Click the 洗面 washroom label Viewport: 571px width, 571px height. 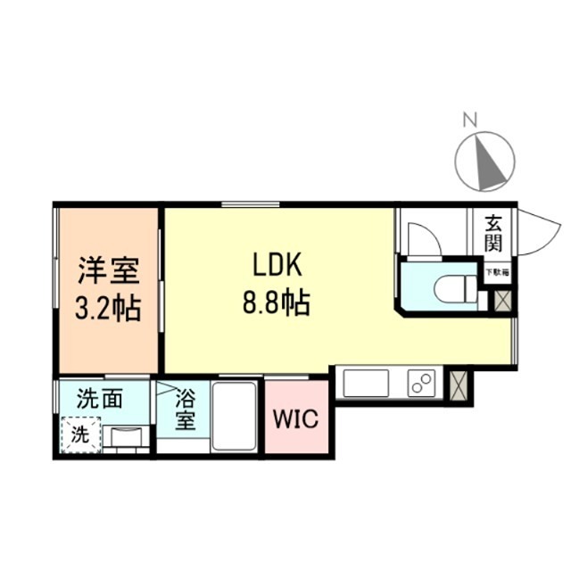[x=99, y=400]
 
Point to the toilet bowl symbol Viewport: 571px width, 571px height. [x=448, y=287]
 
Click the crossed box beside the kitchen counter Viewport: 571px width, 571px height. [x=460, y=384]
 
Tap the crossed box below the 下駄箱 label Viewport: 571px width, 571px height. [x=501, y=301]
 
